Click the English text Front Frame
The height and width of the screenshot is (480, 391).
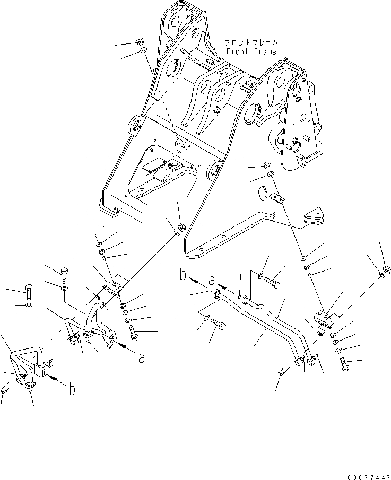[251, 51]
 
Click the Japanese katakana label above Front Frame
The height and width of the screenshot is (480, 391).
[251, 42]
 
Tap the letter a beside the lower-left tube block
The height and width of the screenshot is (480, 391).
[141, 358]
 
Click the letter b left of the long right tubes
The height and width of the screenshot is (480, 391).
[183, 276]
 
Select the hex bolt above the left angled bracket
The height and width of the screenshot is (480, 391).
[64, 273]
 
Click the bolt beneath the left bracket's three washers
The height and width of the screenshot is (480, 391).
[133, 333]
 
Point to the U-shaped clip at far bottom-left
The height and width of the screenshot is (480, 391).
[5, 391]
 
